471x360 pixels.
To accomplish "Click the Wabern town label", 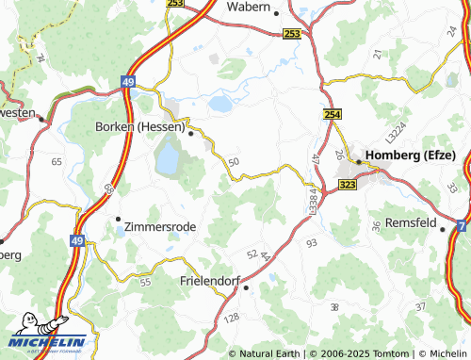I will coord(249,7).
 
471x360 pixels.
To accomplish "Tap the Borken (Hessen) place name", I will coord(139,127).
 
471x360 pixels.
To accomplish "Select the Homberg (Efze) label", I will coord(411,155).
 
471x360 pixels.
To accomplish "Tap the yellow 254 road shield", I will coord(333,114).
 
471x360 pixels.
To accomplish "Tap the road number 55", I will coord(145,282).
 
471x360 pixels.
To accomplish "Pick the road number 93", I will coord(312,244).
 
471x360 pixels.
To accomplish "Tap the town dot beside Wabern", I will coord(276,14).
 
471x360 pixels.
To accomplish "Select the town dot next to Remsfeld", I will coord(443,228).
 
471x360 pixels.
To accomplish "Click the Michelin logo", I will coord(46,341).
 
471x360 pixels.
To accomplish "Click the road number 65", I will coord(57,162).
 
